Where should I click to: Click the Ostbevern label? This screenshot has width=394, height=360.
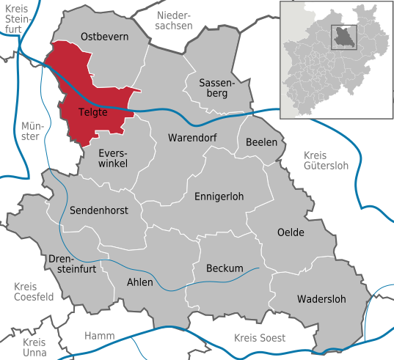pos(104,36)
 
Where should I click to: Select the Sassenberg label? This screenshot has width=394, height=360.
pos(212,89)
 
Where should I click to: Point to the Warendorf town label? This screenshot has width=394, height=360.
pos(189,138)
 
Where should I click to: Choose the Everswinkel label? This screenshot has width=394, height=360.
pos(113,158)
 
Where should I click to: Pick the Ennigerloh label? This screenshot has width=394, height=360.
pos(219,196)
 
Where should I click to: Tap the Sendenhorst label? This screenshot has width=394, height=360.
pos(98,210)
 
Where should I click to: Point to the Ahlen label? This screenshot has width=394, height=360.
pos(140,282)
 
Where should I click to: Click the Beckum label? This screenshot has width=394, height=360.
pos(224,268)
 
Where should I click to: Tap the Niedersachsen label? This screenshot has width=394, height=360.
pos(174,20)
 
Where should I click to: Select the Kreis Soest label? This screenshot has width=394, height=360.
pos(259,337)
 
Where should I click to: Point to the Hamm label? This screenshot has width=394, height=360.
pos(99,336)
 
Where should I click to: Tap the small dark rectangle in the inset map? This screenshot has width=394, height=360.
pos(342,37)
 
